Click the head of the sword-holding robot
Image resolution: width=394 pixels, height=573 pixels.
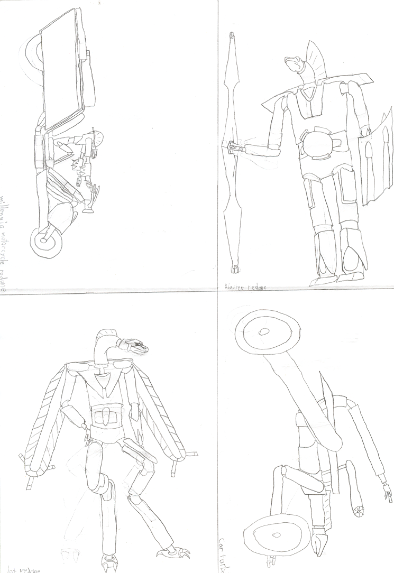(296, 65)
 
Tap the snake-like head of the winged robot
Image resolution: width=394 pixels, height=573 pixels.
(137, 347)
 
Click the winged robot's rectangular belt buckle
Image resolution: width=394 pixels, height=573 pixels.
(106, 417)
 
